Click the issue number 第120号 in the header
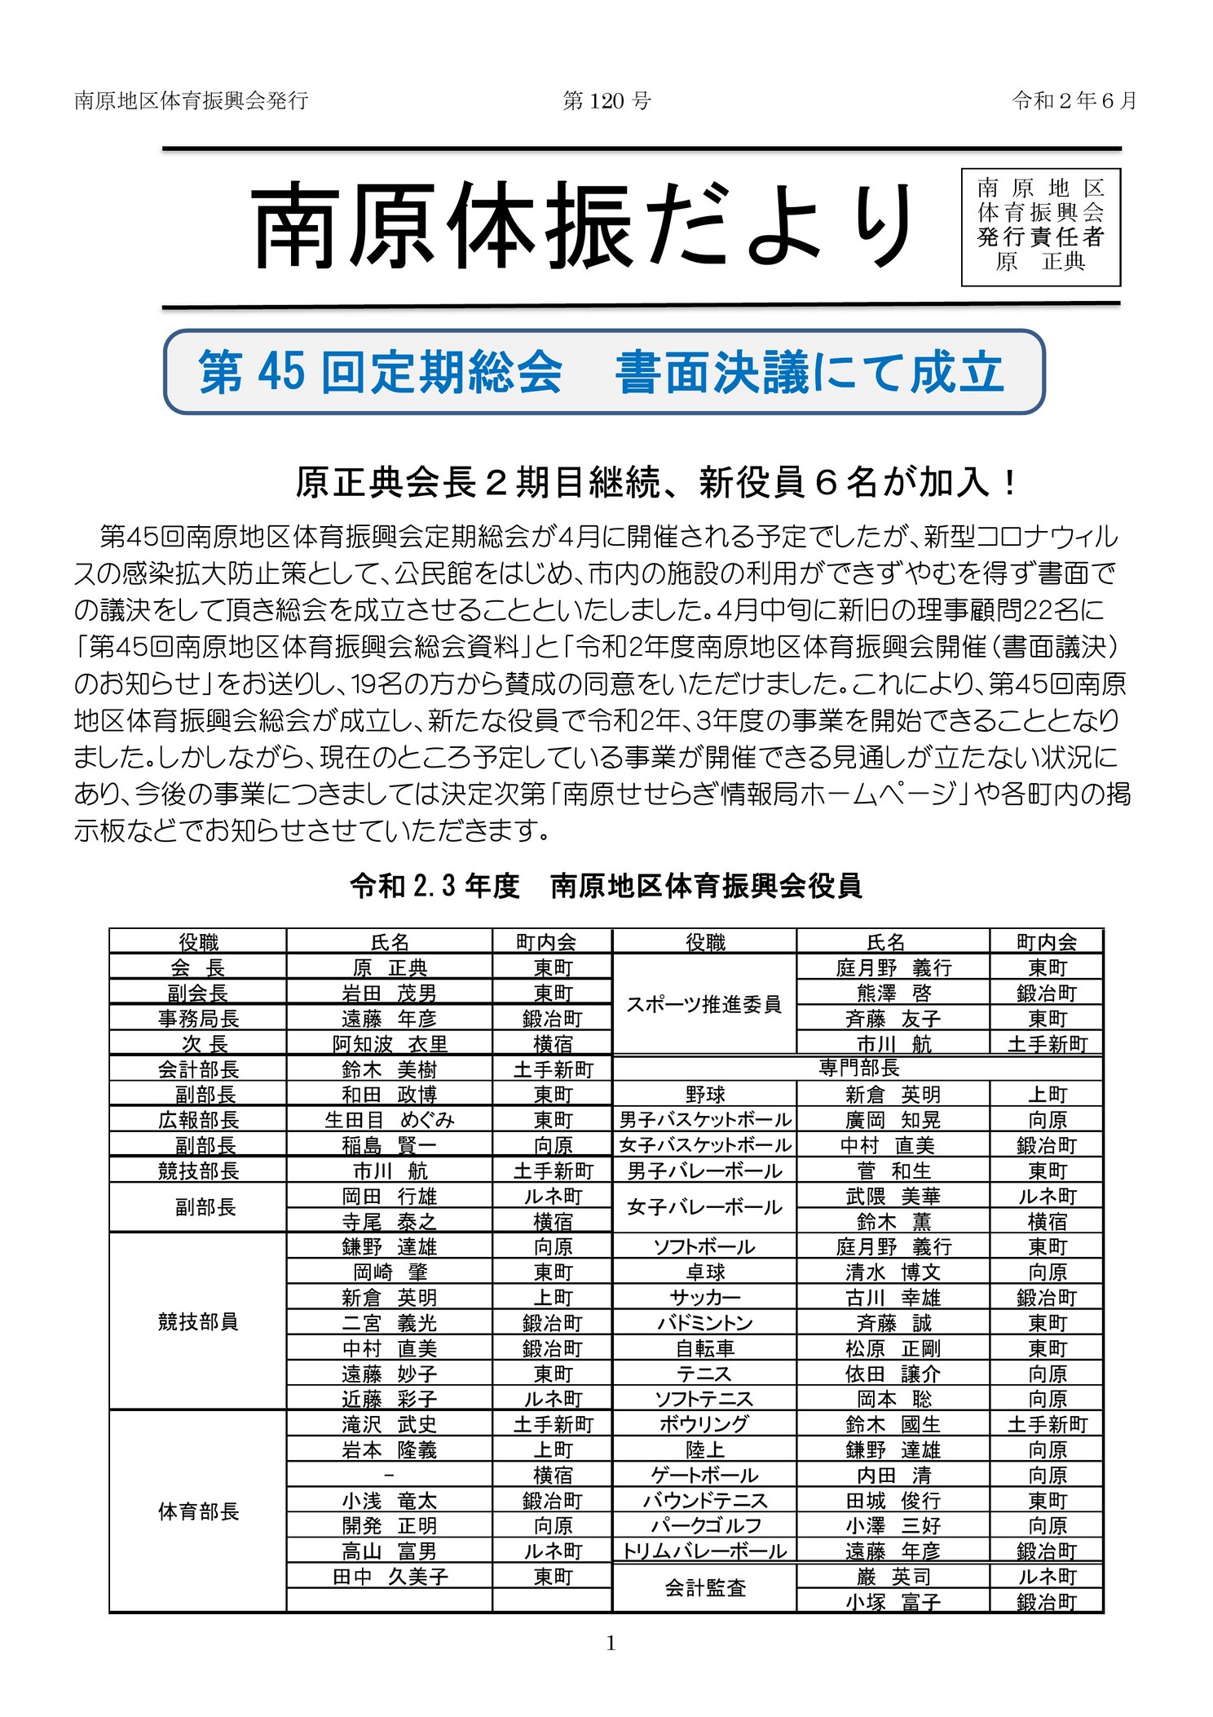606,100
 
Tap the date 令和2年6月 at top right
1074,100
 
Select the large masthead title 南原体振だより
584,226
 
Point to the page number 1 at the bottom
611,1644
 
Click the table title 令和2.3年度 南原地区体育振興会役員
606,886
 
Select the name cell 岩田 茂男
389,993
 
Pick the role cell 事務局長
198,1019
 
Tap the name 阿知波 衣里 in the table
389,1044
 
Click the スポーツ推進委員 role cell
704,1005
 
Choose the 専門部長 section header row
858,1069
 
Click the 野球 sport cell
704,1095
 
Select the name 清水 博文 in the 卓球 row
893,1272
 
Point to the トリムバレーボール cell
704,1551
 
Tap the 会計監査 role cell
704,1588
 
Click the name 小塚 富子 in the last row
893,1602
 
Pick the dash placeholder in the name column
389,1475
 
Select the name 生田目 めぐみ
389,1120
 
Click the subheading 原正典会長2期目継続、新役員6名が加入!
656,483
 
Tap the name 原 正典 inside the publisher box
1040,262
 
